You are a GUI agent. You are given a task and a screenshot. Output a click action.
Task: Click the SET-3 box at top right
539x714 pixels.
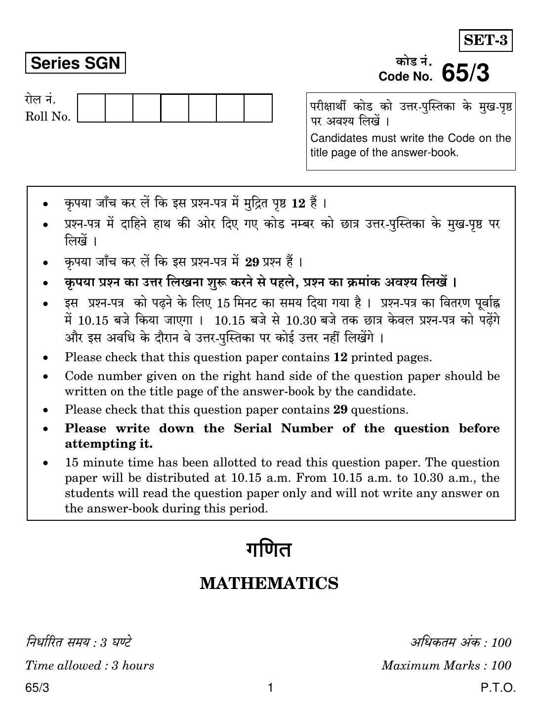tap(486, 40)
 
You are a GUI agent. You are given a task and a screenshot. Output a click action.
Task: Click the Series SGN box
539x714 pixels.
tap(75, 63)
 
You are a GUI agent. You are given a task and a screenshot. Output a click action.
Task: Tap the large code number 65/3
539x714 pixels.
tap(465, 73)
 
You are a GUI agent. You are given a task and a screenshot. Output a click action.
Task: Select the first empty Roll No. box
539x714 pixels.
tap(91, 108)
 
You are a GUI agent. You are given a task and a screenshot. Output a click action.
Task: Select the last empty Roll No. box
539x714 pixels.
tap(258, 108)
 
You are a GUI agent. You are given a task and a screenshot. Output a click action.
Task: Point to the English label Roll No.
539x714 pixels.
tap(48, 117)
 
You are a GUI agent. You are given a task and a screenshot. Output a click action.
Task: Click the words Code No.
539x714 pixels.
tap(405, 77)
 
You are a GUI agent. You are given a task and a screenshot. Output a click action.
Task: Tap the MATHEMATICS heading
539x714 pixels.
tap(269, 584)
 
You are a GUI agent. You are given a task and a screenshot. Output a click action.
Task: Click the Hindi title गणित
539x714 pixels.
tap(269, 550)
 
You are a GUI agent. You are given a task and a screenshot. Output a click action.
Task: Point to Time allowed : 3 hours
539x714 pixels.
tap(90, 666)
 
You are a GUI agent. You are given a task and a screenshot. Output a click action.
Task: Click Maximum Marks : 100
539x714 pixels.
tap(446, 666)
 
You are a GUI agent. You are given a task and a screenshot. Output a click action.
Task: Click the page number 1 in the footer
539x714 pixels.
tap(270, 688)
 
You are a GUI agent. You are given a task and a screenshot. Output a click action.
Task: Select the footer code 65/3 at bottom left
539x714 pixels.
tap(38, 688)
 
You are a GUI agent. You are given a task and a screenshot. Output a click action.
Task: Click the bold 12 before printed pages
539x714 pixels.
tap(340, 357)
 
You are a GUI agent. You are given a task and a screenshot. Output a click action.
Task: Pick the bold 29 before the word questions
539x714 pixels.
tap(340, 410)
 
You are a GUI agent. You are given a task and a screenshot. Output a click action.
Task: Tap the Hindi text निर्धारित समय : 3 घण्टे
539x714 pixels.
tap(79, 642)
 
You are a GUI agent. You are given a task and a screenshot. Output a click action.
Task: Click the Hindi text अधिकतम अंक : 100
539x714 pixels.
tap(460, 642)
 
